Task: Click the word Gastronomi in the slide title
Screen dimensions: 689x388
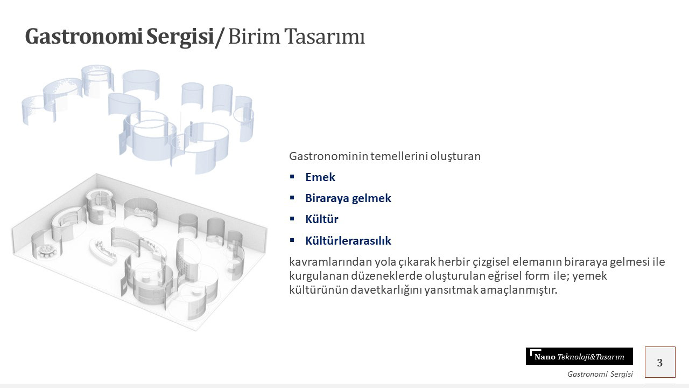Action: click(83, 37)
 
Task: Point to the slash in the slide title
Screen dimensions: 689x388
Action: click(220, 38)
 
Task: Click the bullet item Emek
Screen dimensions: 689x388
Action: click(320, 177)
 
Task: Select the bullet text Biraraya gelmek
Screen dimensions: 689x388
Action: click(348, 198)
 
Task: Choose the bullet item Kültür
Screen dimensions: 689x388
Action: click(322, 219)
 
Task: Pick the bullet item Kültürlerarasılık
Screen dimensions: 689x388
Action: click(348, 240)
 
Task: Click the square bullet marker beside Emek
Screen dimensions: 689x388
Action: click(292, 177)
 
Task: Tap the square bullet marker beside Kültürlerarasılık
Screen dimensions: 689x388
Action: click(292, 240)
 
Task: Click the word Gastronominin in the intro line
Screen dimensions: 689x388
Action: click(328, 156)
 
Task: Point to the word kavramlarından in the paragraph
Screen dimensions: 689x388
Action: click(331, 262)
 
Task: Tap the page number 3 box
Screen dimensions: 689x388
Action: click(660, 362)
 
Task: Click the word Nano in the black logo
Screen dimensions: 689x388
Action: click(545, 357)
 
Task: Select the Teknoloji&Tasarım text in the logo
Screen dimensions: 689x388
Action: click(591, 357)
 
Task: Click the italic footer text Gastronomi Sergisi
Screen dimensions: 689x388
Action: click(600, 374)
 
